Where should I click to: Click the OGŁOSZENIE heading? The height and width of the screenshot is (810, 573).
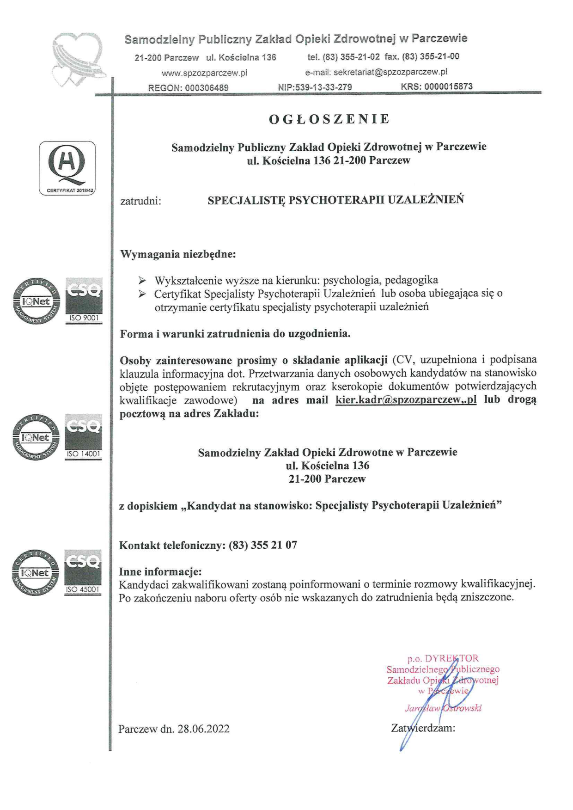pos(329,119)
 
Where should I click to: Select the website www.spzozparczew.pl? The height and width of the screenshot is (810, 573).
pos(204,73)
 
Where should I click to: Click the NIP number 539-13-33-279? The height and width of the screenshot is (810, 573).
pos(329,87)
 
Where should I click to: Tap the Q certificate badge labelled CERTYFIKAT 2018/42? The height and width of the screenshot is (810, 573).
pos(67,168)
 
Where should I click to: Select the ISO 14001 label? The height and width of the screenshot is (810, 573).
pos(84,454)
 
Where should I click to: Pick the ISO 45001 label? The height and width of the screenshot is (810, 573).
pos(83,589)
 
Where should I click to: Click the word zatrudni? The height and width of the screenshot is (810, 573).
pos(140,201)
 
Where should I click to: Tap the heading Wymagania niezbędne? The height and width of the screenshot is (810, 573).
pos(178,254)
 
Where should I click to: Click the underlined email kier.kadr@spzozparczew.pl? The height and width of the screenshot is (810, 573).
pos(406,400)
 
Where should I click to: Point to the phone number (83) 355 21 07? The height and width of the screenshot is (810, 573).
pos(263,545)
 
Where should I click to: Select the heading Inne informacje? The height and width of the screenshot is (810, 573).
pos(160,571)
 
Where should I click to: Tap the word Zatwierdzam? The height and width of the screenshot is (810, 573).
pos(423,728)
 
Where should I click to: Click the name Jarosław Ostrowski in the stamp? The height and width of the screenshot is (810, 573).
pos(443,708)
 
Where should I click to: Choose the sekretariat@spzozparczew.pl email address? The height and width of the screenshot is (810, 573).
pos(390,72)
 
